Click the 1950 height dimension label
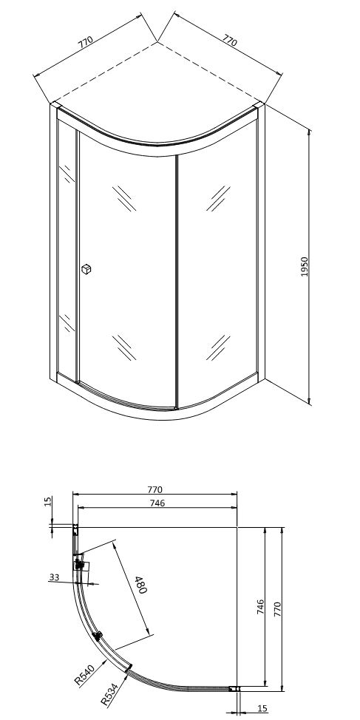(305, 266)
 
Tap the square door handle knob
(86, 269)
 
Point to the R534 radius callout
(109, 694)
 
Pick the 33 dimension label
(54, 577)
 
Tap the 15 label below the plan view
(262, 708)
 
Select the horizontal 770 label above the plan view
(155, 490)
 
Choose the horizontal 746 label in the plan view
(157, 503)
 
